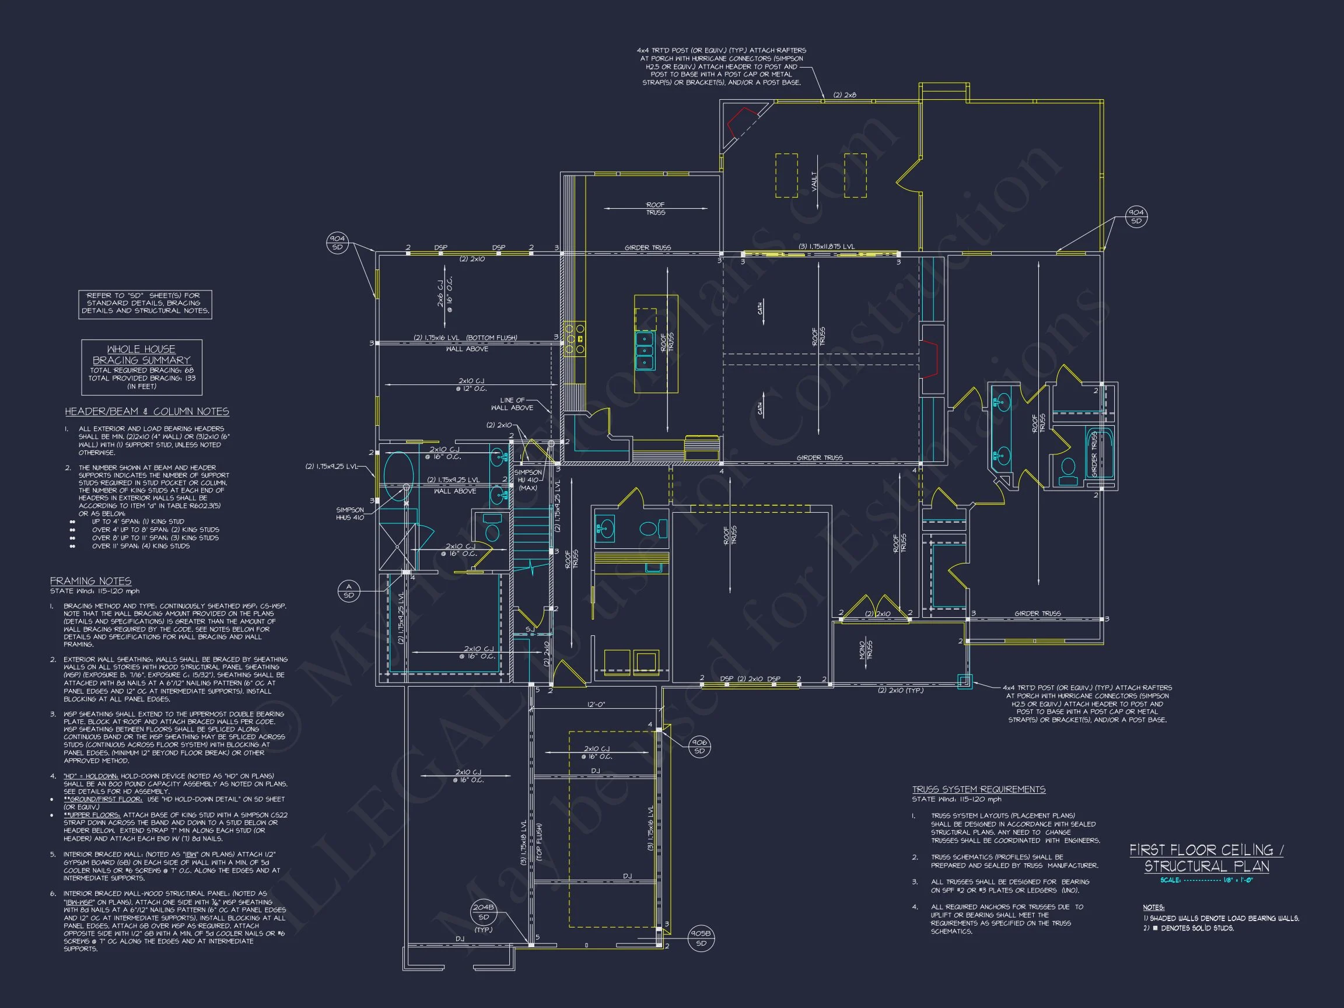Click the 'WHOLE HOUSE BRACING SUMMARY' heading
point(141,354)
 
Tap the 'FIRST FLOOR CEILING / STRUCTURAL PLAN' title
point(1206,858)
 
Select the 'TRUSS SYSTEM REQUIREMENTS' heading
point(978,789)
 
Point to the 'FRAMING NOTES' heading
point(90,581)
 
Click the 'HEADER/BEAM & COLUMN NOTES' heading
point(147,411)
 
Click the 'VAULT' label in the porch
point(814,181)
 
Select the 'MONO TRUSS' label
point(866,649)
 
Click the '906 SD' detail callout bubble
point(699,747)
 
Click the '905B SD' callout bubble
point(701,939)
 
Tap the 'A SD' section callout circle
point(348,590)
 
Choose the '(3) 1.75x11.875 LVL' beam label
point(826,247)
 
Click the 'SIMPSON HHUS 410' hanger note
point(350,513)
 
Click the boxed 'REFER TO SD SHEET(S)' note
point(145,303)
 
